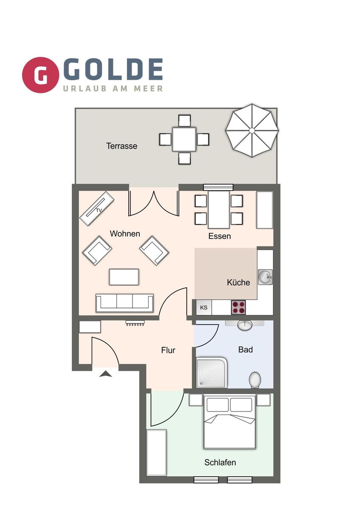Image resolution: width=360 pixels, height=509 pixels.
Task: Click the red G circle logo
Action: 41,75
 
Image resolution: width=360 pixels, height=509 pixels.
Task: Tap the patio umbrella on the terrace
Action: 252,130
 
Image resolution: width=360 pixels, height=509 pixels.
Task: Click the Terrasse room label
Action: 122,146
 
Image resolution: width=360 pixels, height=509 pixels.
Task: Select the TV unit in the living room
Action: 97,208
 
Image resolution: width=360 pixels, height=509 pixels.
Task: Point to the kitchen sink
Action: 265,277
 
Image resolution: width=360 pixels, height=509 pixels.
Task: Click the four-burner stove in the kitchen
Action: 238,307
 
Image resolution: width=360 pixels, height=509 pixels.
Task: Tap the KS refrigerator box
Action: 204,308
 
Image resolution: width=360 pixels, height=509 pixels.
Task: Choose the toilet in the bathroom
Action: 255,380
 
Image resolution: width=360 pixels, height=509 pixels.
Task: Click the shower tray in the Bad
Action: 211,373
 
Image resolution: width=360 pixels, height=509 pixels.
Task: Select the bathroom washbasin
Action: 245,325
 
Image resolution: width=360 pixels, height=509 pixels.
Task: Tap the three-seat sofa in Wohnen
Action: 124,302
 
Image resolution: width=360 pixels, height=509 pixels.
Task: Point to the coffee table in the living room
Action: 124,277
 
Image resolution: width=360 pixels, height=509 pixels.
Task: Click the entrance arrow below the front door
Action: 105,374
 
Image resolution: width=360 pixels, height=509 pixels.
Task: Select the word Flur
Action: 168,350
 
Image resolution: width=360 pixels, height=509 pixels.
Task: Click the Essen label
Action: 219,236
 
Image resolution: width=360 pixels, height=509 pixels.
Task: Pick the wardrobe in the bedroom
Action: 156,452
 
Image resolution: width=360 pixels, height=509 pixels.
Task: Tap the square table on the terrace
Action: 184,139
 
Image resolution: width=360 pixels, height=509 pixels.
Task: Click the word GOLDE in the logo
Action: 113,70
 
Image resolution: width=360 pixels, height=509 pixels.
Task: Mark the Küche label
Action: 239,282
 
